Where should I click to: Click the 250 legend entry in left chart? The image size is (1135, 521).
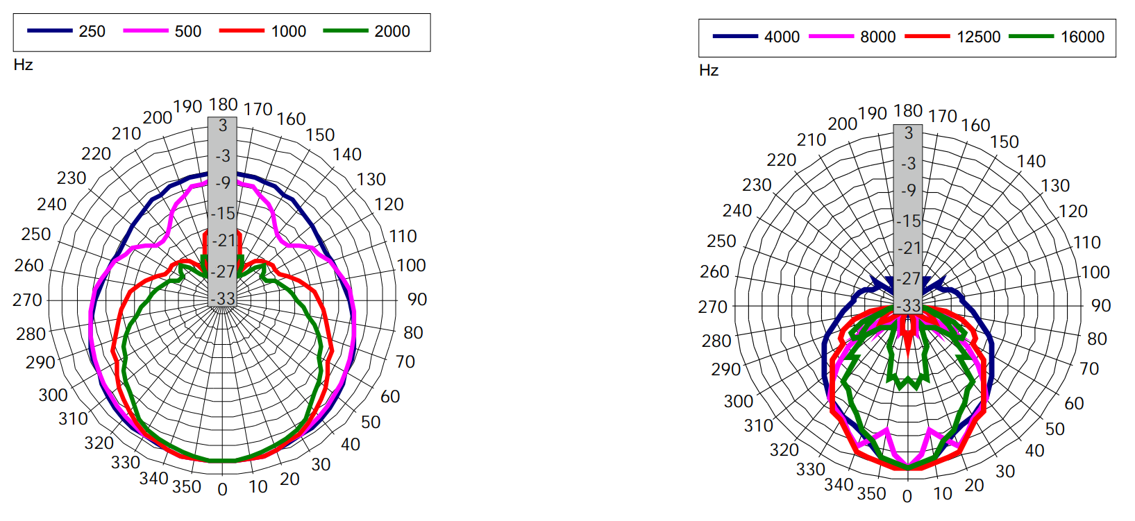point(91,32)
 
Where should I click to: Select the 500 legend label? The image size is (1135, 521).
point(187,32)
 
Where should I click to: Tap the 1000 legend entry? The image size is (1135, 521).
point(288,32)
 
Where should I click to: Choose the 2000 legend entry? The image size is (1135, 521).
point(392,32)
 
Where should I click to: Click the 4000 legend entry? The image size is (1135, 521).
point(782,37)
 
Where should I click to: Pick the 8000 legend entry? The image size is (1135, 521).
point(877,37)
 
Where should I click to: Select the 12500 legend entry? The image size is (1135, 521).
point(978,37)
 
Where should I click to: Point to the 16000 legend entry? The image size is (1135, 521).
point(1082,37)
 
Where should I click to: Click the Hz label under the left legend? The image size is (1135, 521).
point(23,65)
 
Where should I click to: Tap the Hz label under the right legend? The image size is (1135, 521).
point(709,71)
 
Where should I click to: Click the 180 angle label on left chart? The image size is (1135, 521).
point(223,105)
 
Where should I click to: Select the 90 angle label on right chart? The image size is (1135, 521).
point(1101,306)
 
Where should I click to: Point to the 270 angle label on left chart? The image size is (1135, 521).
point(28,300)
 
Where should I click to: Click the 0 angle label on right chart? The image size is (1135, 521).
point(907,497)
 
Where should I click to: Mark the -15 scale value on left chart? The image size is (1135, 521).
point(223,213)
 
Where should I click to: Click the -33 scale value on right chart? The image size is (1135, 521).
point(908,306)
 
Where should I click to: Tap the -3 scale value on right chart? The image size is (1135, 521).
point(908,164)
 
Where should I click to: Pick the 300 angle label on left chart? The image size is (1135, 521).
point(53,395)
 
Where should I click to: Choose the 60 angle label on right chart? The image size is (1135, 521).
point(1074,404)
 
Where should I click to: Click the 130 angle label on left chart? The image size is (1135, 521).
point(371,180)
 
